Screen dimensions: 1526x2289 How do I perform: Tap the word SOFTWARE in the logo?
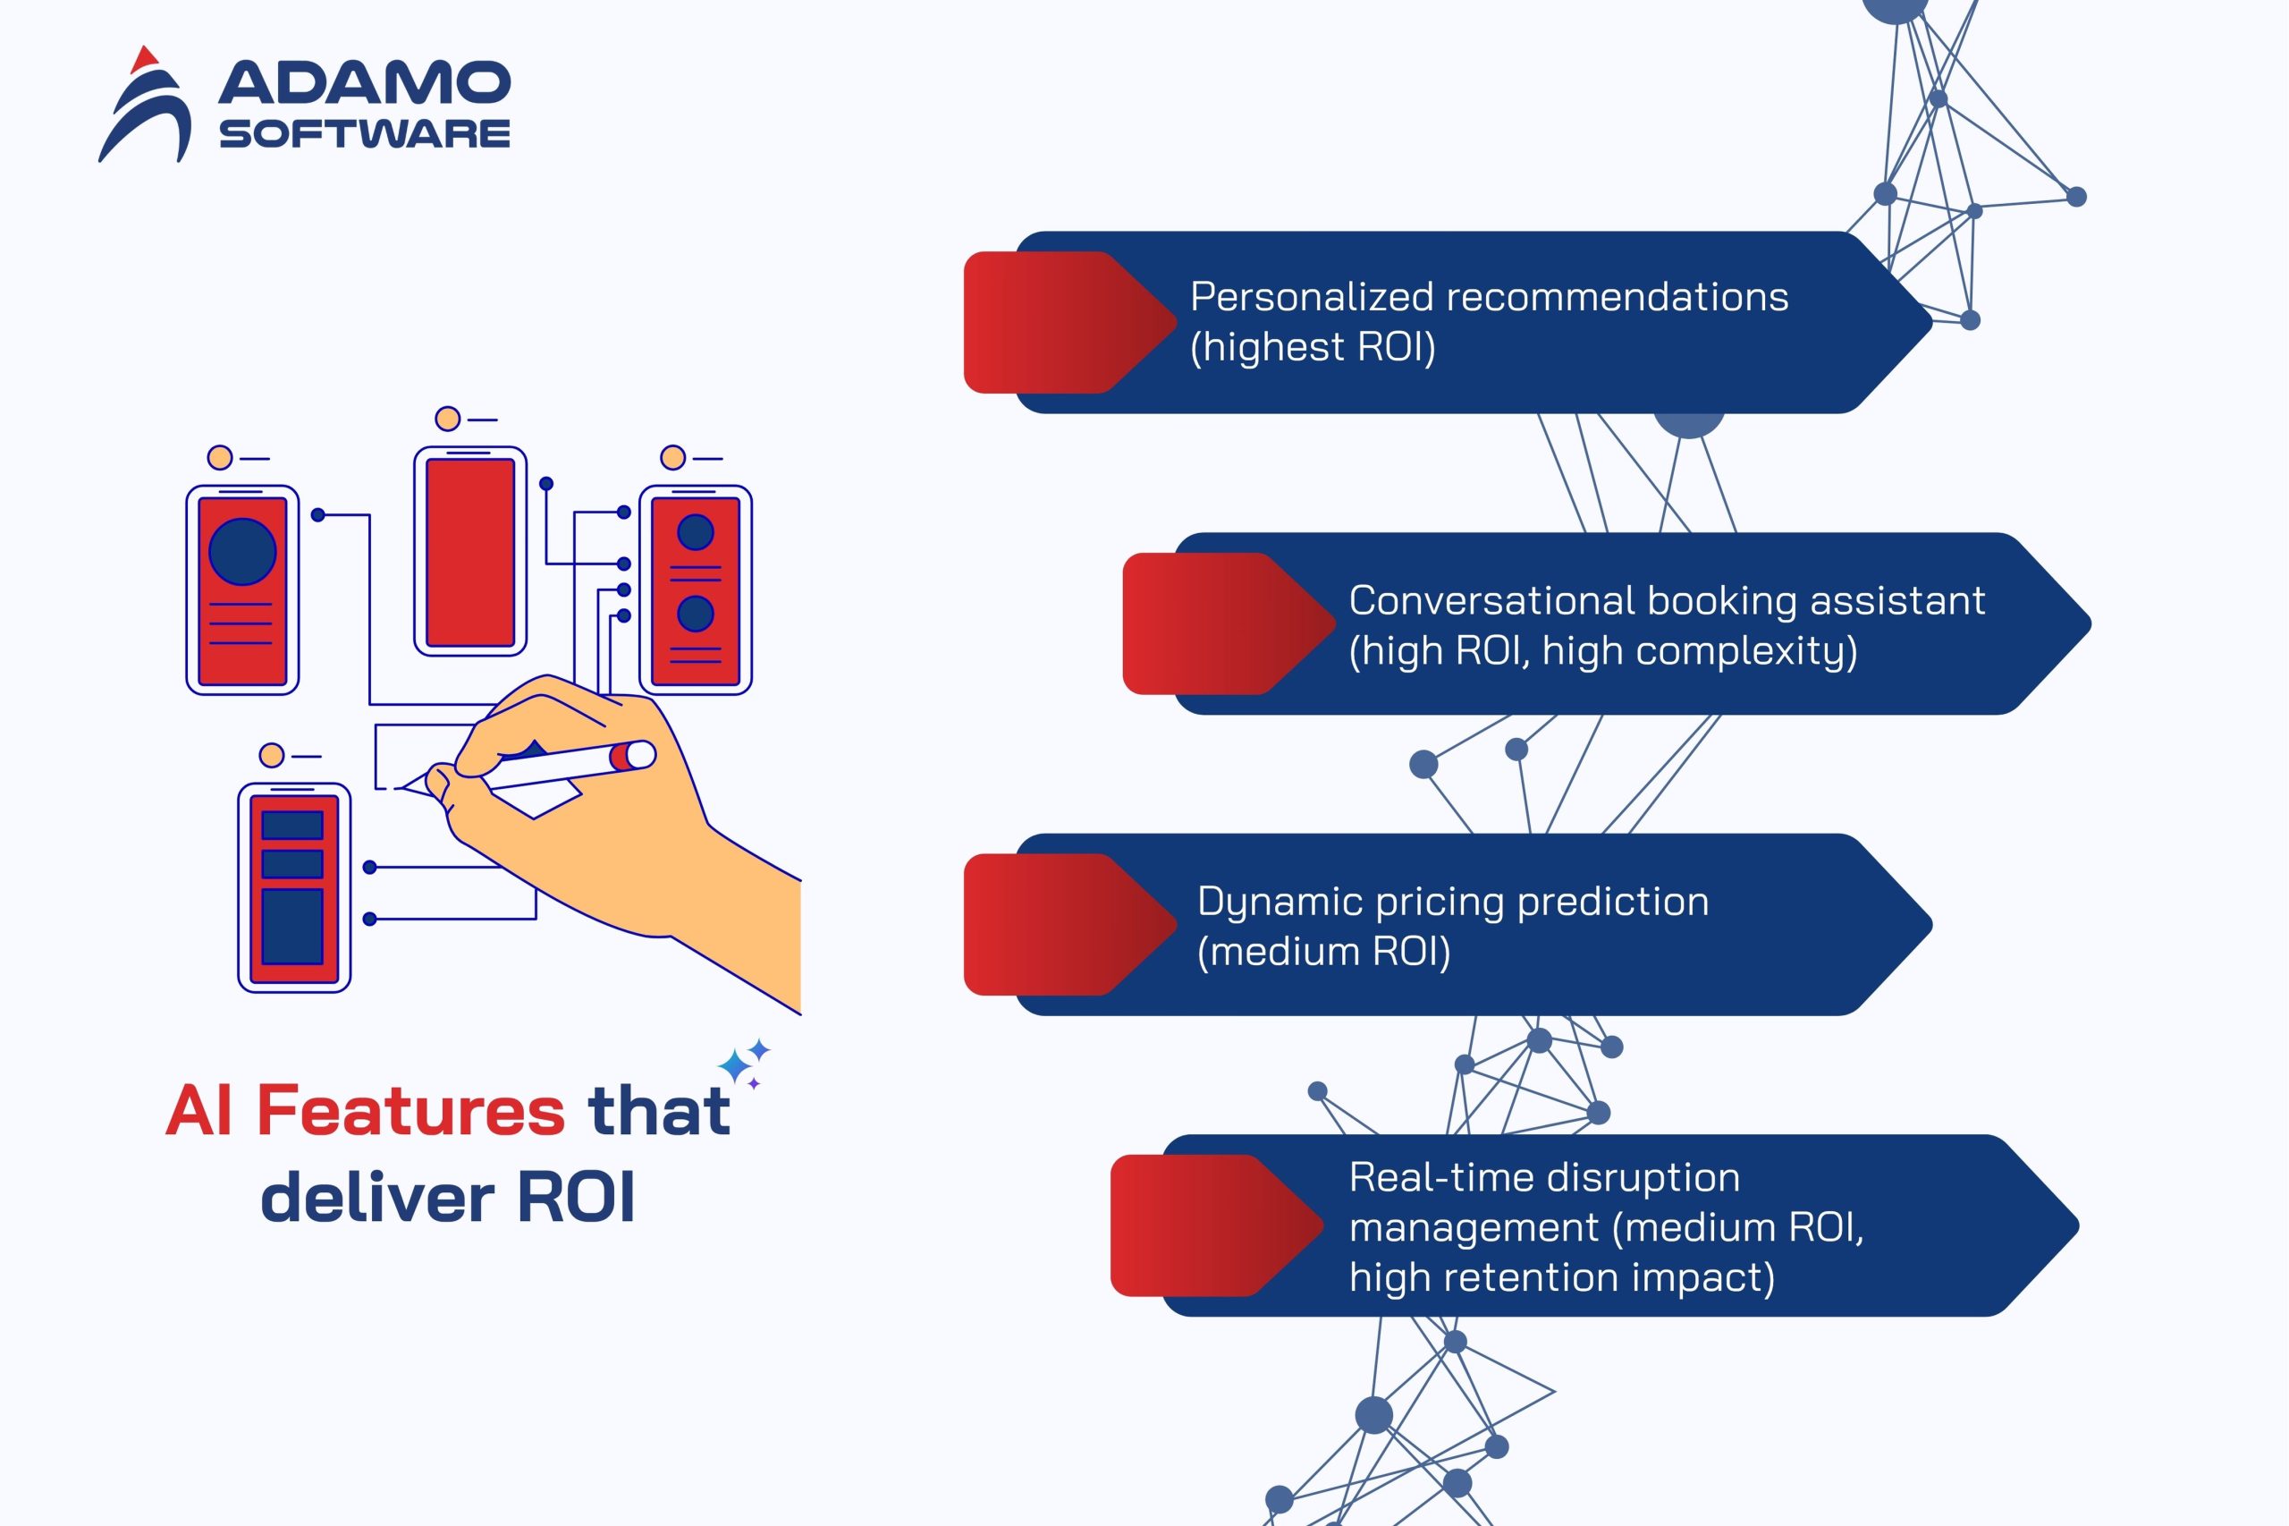tap(364, 133)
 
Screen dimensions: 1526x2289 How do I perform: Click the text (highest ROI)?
tap(1312, 347)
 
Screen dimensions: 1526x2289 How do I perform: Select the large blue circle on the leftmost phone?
tap(242, 551)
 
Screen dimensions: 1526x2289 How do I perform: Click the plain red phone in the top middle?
tap(469, 552)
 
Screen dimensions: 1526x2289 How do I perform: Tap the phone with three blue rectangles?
tap(294, 887)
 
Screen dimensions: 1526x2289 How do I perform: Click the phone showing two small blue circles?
tap(695, 589)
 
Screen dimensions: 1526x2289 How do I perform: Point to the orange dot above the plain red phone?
tap(446, 419)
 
